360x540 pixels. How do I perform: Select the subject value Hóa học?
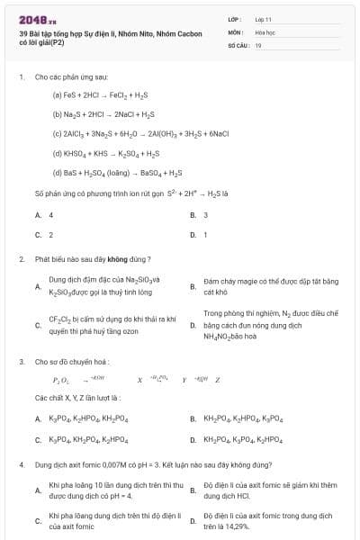point(265,31)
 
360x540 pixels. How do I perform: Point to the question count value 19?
point(258,44)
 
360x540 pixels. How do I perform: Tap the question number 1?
point(21,77)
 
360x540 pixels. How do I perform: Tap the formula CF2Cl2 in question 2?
point(62,319)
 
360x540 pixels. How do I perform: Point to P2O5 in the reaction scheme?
point(60,379)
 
